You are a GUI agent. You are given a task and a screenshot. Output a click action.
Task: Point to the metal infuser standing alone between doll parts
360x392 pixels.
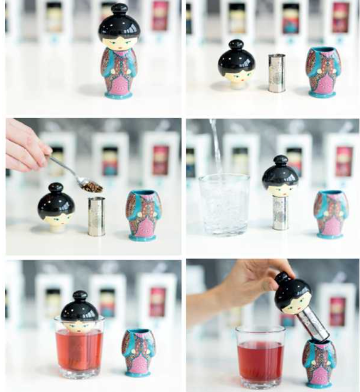coord(276,73)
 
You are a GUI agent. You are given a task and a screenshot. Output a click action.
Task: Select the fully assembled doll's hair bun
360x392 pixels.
coord(119,9)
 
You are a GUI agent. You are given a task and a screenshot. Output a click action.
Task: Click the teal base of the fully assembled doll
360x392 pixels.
coord(119,95)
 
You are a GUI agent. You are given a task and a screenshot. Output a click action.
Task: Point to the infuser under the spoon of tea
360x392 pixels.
coord(96,216)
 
